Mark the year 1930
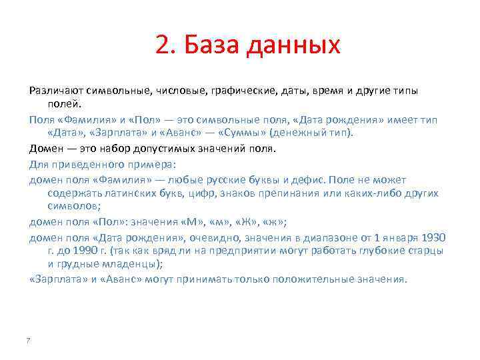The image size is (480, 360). (x=433, y=237)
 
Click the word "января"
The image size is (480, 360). (x=397, y=237)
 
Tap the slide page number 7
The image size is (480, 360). (x=28, y=341)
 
